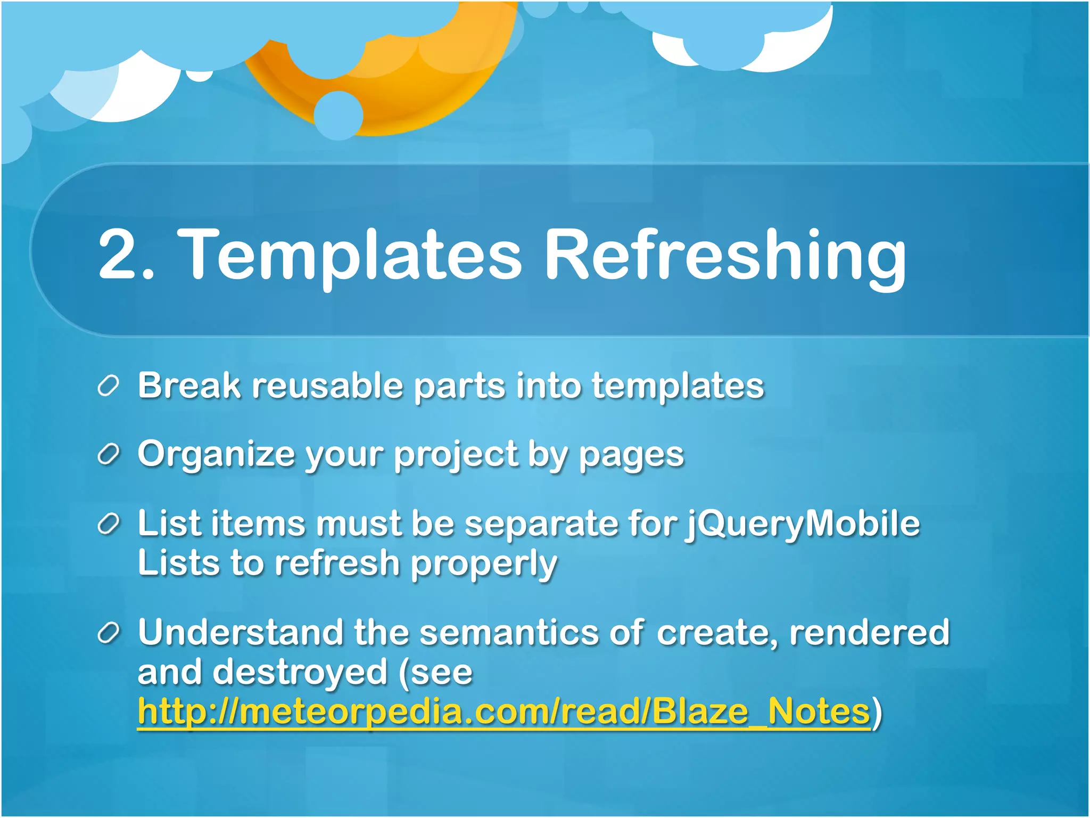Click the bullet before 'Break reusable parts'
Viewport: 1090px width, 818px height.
(x=108, y=386)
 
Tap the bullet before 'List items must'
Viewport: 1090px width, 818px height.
(x=108, y=525)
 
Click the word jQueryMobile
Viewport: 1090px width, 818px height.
(x=802, y=525)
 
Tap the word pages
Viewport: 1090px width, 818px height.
(x=631, y=456)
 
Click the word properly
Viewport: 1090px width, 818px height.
(x=483, y=565)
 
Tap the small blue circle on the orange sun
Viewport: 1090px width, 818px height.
(x=338, y=116)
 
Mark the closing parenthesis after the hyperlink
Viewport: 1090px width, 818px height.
(x=877, y=713)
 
